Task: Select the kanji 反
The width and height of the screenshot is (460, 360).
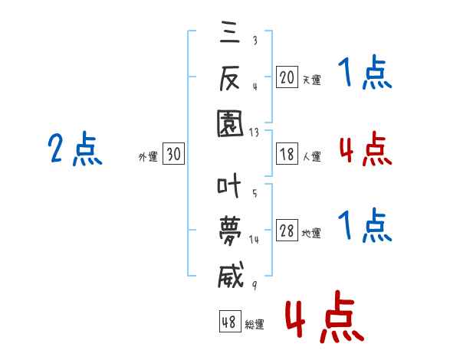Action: coord(228,77)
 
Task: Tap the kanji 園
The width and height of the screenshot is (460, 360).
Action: coord(228,122)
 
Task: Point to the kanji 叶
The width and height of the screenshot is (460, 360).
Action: coord(228,185)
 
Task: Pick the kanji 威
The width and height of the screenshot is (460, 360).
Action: coord(228,273)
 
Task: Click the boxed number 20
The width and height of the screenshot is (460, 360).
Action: coord(287,77)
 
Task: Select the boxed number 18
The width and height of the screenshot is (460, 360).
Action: coord(287,154)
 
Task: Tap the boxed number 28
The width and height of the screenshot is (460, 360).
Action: coord(287,231)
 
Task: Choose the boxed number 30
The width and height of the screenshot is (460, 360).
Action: coord(173,155)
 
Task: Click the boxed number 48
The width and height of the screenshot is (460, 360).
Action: coord(228,322)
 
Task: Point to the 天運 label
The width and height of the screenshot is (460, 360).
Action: coord(311,79)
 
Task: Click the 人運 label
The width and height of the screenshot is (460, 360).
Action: coord(311,156)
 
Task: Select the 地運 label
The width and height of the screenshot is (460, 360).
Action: coord(311,234)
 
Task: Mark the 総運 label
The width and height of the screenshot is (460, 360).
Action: coord(255,324)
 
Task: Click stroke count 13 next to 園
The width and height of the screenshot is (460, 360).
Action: coord(254,133)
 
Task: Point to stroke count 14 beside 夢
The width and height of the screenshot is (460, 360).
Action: coord(254,240)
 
